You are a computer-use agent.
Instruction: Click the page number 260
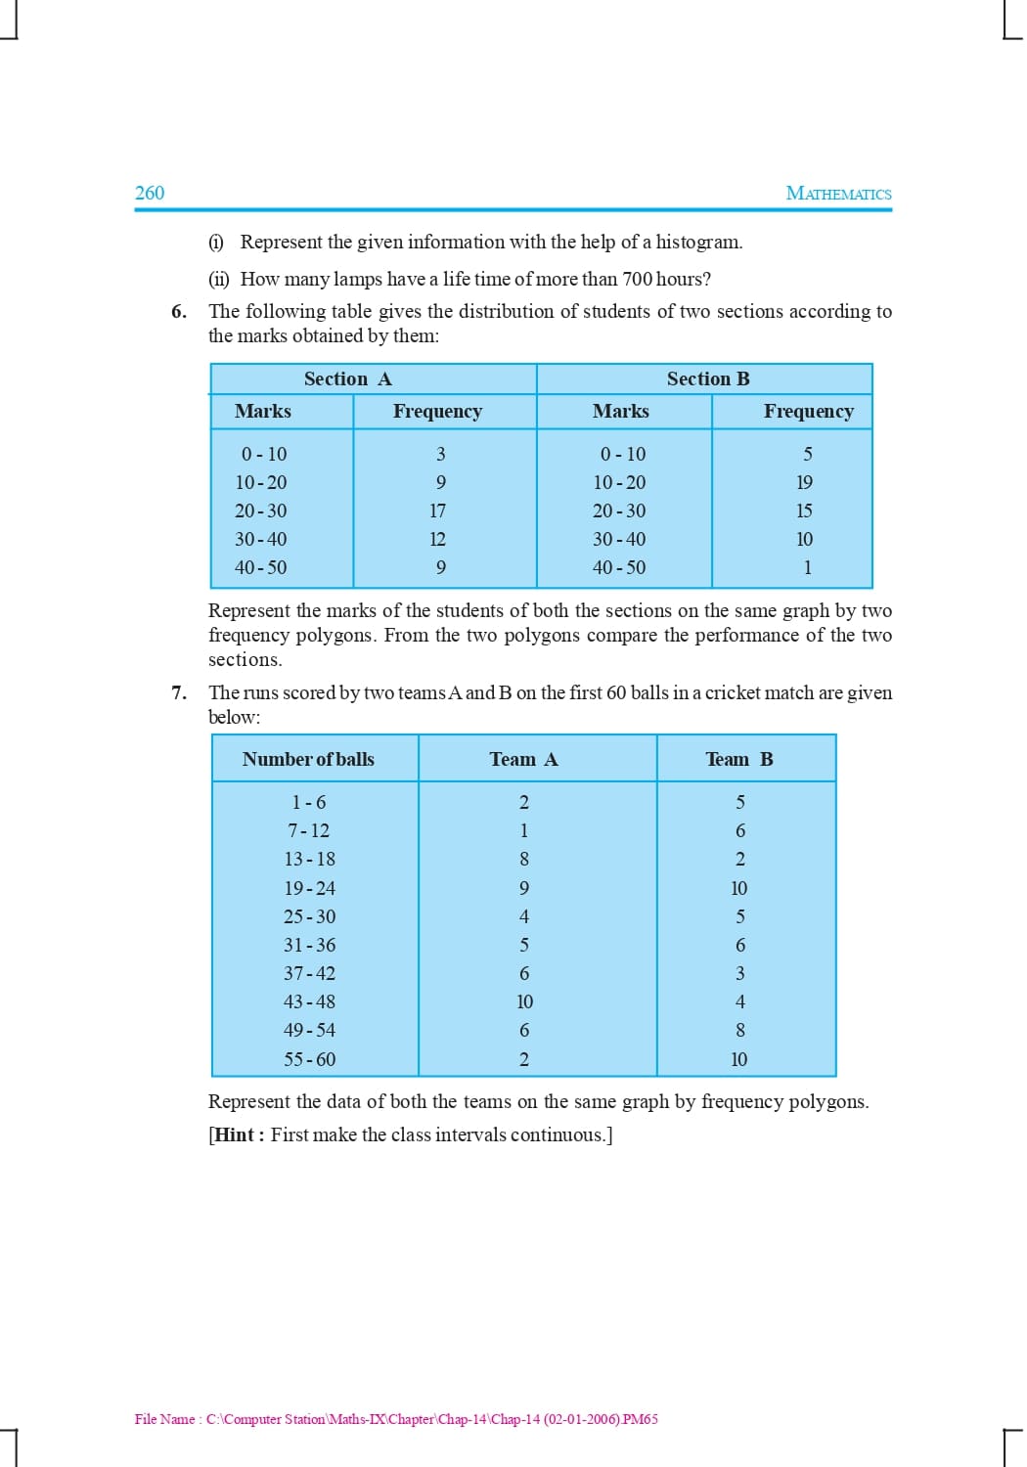[150, 193]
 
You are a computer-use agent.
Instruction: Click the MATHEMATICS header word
[838, 194]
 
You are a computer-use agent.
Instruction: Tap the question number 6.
[178, 312]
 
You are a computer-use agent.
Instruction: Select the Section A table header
[347, 379]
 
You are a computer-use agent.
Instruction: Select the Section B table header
[708, 379]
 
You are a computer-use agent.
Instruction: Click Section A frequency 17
[437, 511]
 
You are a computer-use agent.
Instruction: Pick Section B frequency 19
[804, 483]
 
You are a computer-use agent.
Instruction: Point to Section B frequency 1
[807, 568]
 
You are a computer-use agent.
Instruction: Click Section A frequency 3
[440, 455]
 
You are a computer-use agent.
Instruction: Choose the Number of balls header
[308, 760]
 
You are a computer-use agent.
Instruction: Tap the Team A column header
[523, 760]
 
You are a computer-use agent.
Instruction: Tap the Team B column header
[738, 760]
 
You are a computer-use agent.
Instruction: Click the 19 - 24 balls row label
[309, 889]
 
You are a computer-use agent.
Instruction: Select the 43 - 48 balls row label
[309, 1002]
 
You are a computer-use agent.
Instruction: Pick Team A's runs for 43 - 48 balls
[524, 1002]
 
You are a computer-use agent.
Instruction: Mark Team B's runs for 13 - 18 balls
[739, 860]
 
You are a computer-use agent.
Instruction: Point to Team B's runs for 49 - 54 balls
[739, 1031]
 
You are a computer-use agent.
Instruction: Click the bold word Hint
[235, 1135]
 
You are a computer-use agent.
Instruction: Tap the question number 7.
[178, 693]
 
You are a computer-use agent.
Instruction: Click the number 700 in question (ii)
[637, 280]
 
